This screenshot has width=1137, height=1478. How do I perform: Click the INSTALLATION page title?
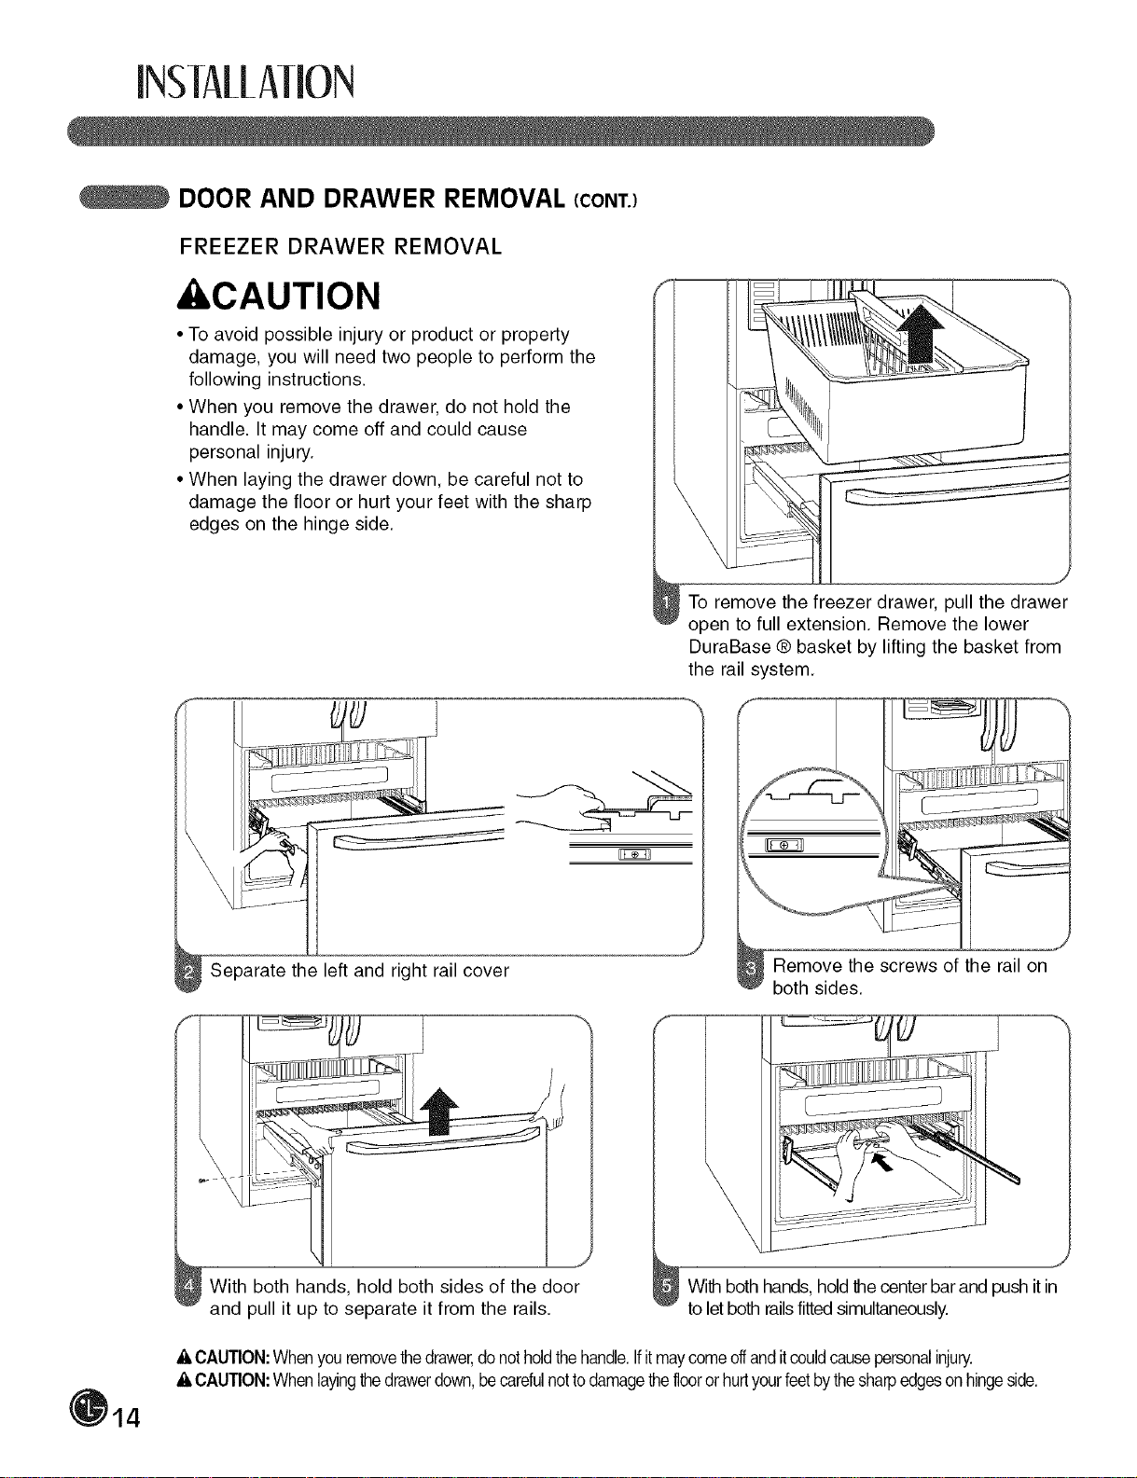[x=244, y=82]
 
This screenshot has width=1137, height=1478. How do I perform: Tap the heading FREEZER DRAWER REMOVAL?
[x=340, y=246]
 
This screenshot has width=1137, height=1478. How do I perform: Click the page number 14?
[x=126, y=1418]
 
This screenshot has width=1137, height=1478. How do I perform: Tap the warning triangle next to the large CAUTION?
[x=188, y=297]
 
